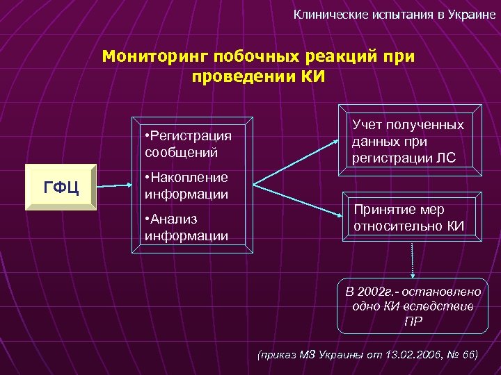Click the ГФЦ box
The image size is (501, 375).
(x=61, y=187)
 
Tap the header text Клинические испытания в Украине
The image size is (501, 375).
(x=394, y=14)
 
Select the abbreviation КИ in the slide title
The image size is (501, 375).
(x=312, y=75)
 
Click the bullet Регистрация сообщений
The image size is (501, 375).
(x=187, y=142)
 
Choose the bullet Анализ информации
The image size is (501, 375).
(x=186, y=227)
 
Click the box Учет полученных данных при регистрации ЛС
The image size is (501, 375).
(x=408, y=142)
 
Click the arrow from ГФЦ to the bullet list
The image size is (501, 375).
(x=114, y=186)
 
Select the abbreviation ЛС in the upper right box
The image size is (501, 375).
(x=445, y=158)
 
